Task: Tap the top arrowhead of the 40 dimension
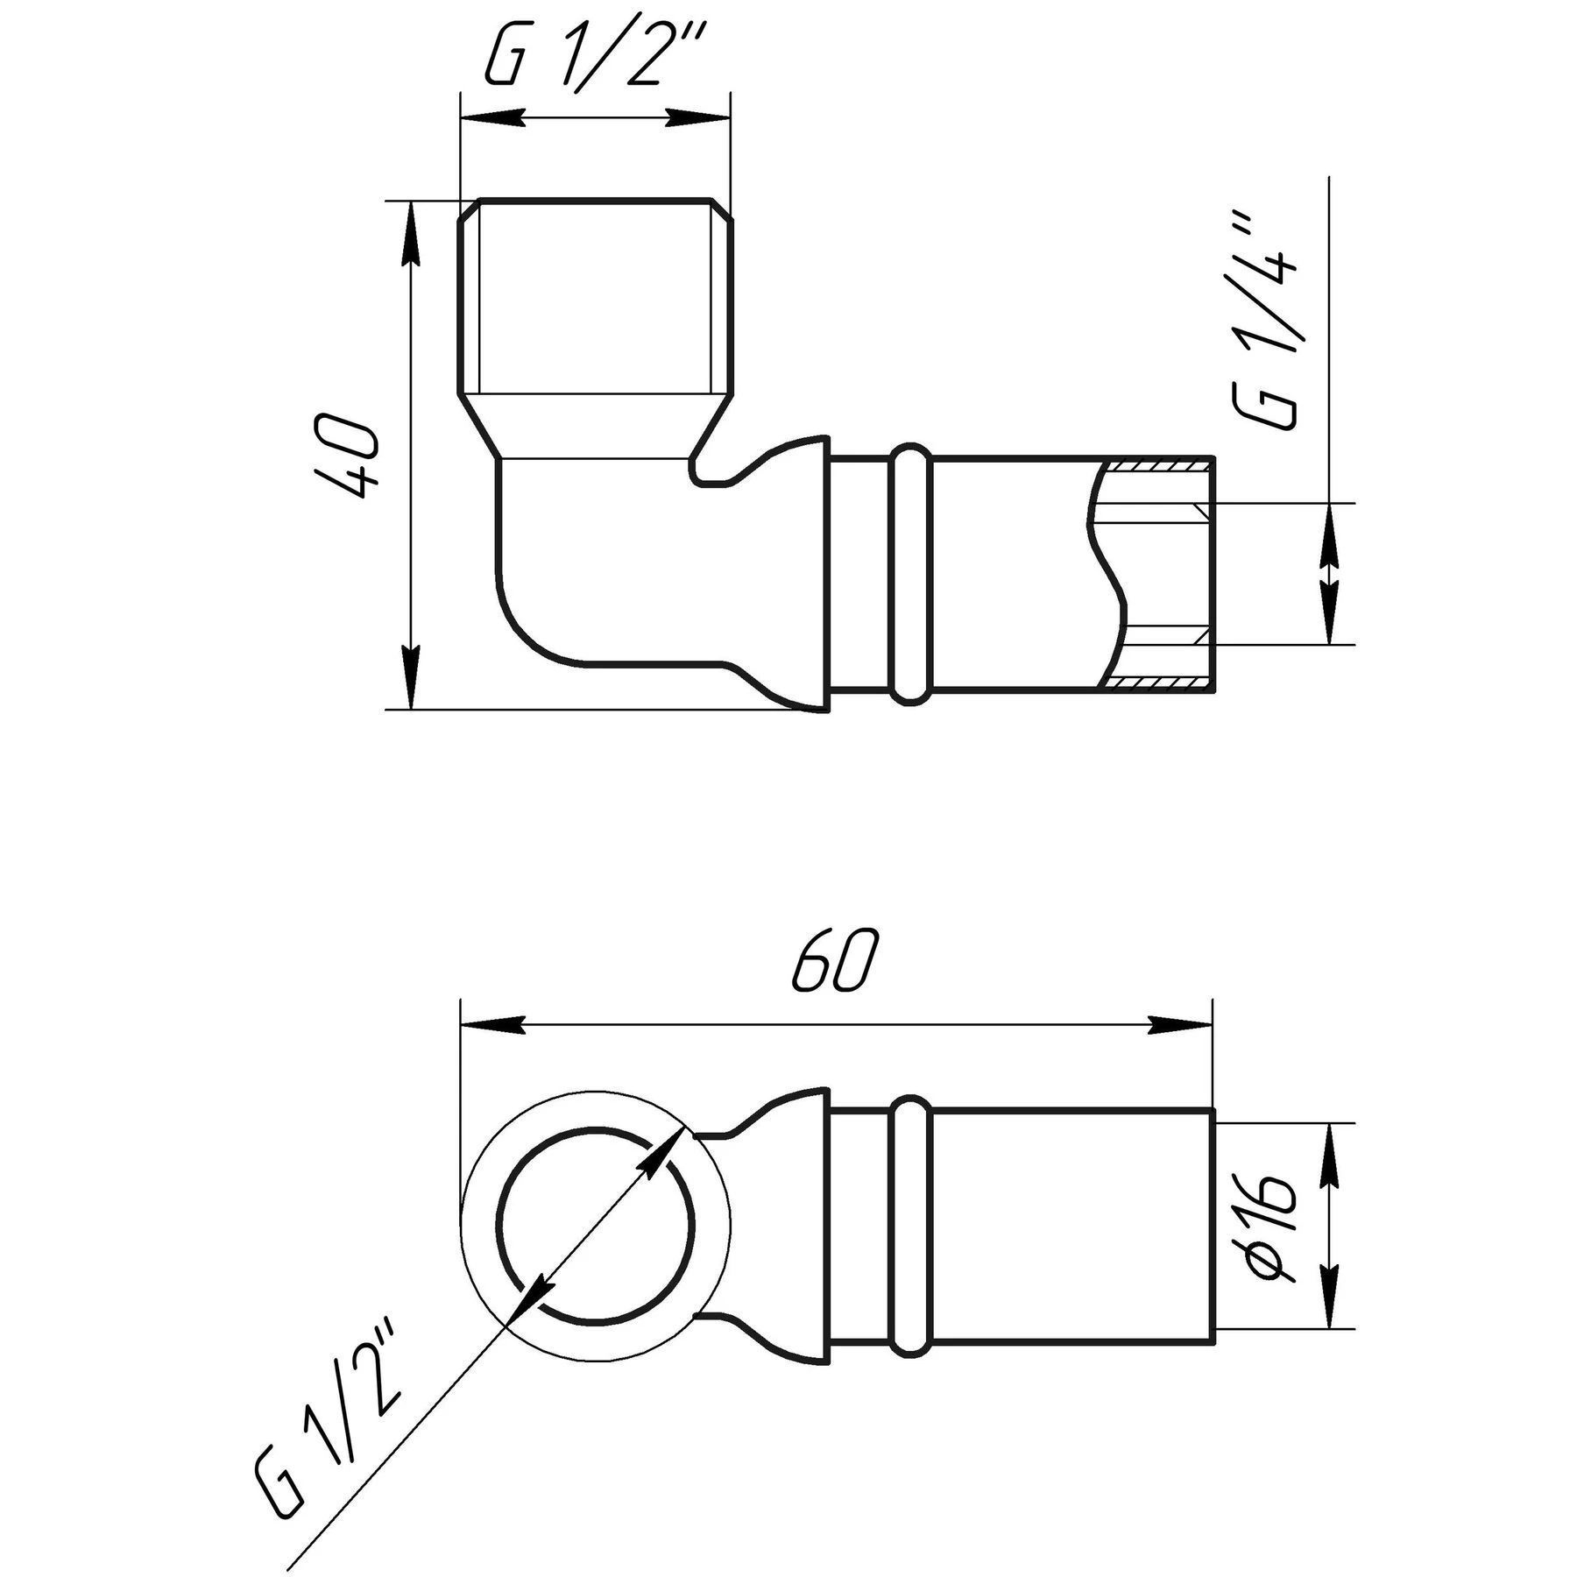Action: coord(410,231)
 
